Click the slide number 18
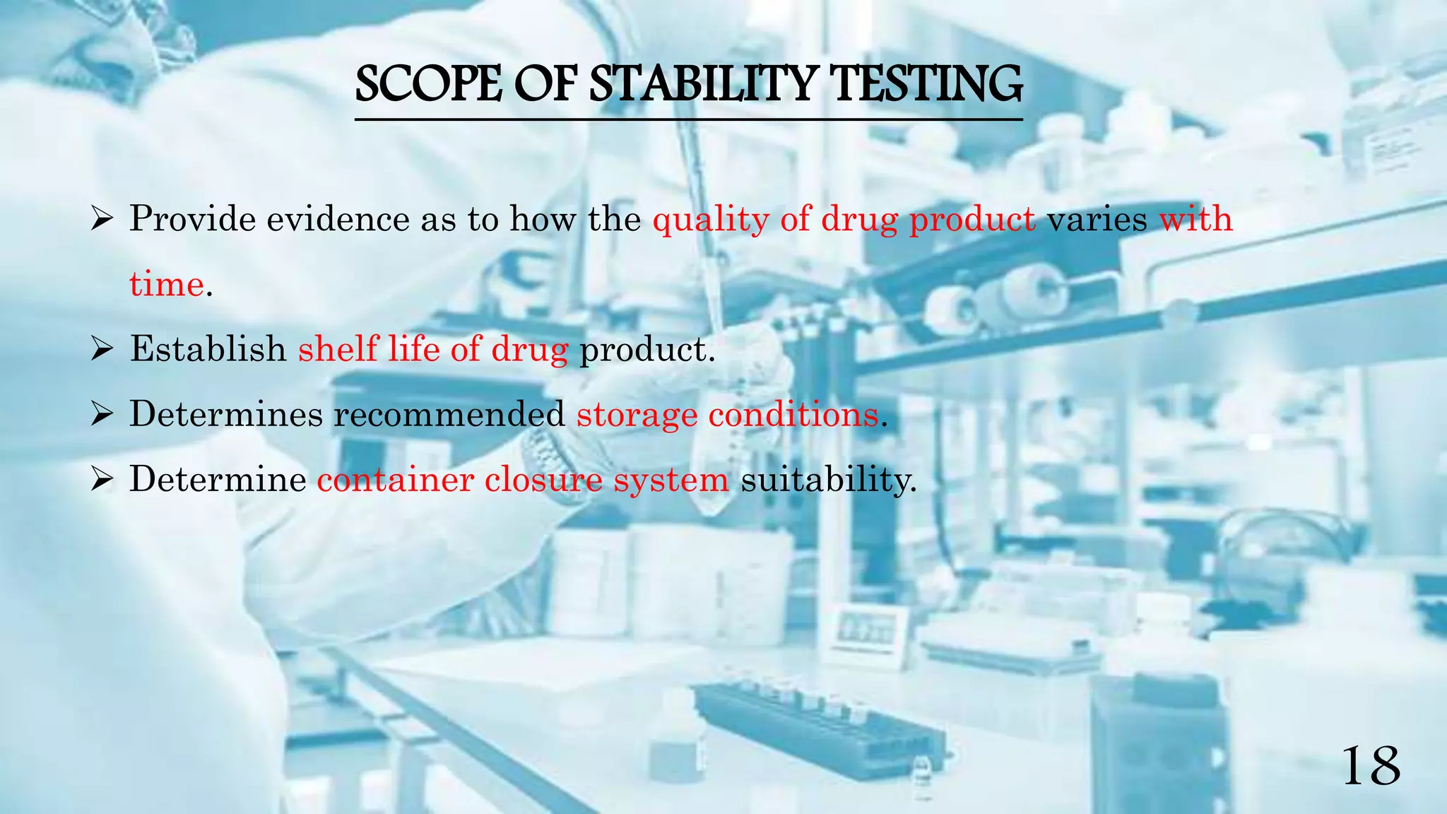1370,767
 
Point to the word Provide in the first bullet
192,219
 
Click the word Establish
208,349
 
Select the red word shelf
337,349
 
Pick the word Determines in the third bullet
226,414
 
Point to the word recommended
449,414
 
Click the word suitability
828,480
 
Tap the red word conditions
793,414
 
